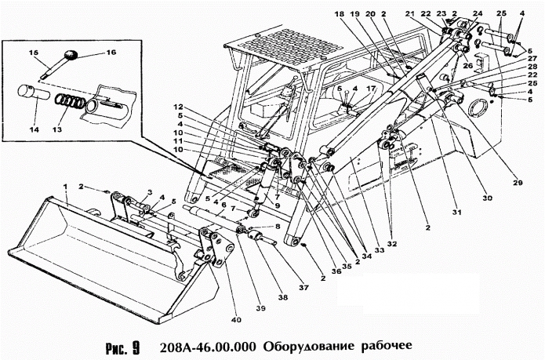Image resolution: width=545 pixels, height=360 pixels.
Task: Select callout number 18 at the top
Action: tap(340, 14)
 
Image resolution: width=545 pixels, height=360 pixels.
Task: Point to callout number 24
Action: tap(477, 13)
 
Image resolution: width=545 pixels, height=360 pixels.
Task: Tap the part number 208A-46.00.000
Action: tap(207, 346)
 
